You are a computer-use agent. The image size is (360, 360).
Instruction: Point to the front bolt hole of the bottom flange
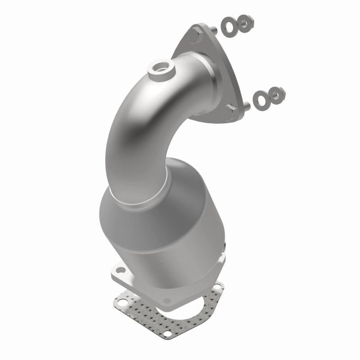point(167,300)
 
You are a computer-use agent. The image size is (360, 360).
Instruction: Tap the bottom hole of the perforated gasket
point(166,334)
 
